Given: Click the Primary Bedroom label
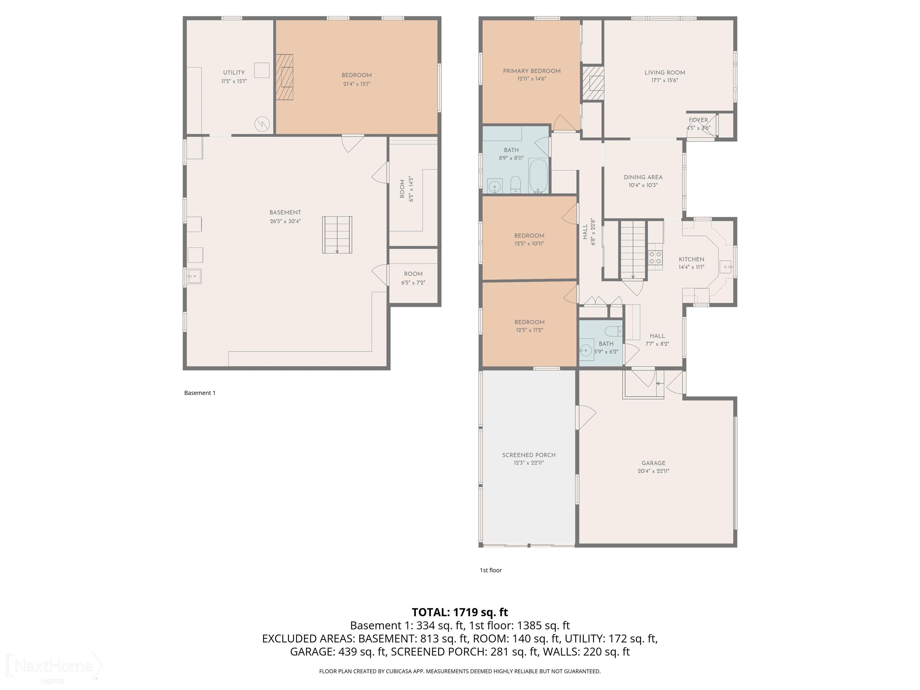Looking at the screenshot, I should click(x=532, y=71).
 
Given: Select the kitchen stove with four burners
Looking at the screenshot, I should click(x=656, y=258).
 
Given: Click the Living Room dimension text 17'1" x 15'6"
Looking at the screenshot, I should click(x=665, y=80).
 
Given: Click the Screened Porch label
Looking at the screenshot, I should click(x=529, y=455).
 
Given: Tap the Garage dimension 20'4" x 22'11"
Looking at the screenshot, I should click(x=653, y=471).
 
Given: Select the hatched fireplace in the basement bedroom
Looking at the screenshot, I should click(x=285, y=77).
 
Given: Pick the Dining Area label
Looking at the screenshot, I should click(x=643, y=177).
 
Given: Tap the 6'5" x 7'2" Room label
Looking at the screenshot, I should click(x=413, y=274).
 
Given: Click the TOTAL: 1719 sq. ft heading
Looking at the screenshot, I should click(x=460, y=612).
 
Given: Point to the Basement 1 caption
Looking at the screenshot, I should click(x=200, y=393).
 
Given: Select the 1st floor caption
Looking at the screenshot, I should click(x=491, y=570).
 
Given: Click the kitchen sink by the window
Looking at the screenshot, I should click(x=725, y=267).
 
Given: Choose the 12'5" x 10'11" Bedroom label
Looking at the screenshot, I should click(x=529, y=235).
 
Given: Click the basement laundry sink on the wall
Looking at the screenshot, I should click(x=193, y=276).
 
